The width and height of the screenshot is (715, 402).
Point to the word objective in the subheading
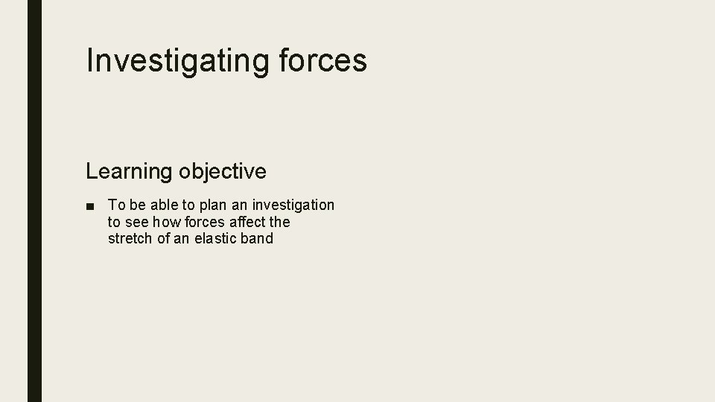(222, 171)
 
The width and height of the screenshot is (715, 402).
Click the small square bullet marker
(89, 205)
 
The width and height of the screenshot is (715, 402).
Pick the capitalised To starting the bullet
(116, 205)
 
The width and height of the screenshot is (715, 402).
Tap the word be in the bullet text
(138, 205)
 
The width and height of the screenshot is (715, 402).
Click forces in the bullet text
(205, 222)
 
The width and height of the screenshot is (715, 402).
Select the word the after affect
(280, 222)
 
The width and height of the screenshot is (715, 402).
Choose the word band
(258, 239)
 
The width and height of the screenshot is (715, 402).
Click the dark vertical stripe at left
(34, 201)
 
